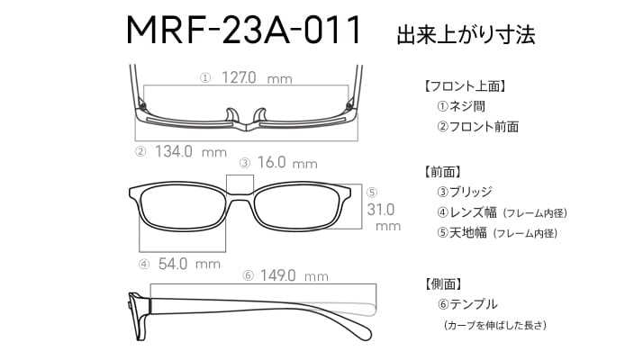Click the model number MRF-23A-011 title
tap(243, 30)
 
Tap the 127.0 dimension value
tap(239, 77)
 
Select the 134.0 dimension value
tap(174, 151)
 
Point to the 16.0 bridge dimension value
tap(271, 162)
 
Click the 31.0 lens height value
tap(381, 210)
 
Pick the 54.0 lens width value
tap(173, 264)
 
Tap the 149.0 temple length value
tap(277, 275)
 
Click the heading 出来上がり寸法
tap(466, 34)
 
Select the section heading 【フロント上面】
tap(465, 86)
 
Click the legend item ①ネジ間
tap(461, 106)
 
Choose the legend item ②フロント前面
tap(477, 127)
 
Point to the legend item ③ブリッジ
tap(465, 192)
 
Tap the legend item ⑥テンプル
tap(467, 304)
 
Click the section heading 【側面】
tap(443, 283)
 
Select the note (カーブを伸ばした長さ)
tap(495, 326)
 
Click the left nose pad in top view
tap(231, 115)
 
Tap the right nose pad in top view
tap(260, 115)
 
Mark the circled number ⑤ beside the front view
tap(372, 193)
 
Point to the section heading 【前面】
tap(443, 171)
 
